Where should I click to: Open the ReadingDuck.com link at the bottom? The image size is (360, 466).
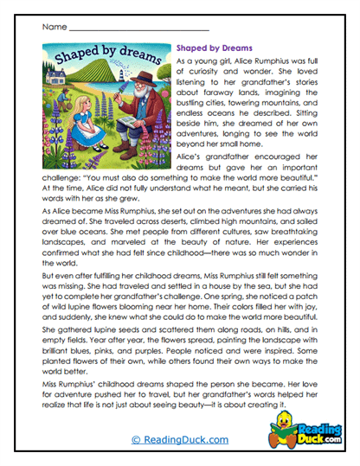click(179, 440)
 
